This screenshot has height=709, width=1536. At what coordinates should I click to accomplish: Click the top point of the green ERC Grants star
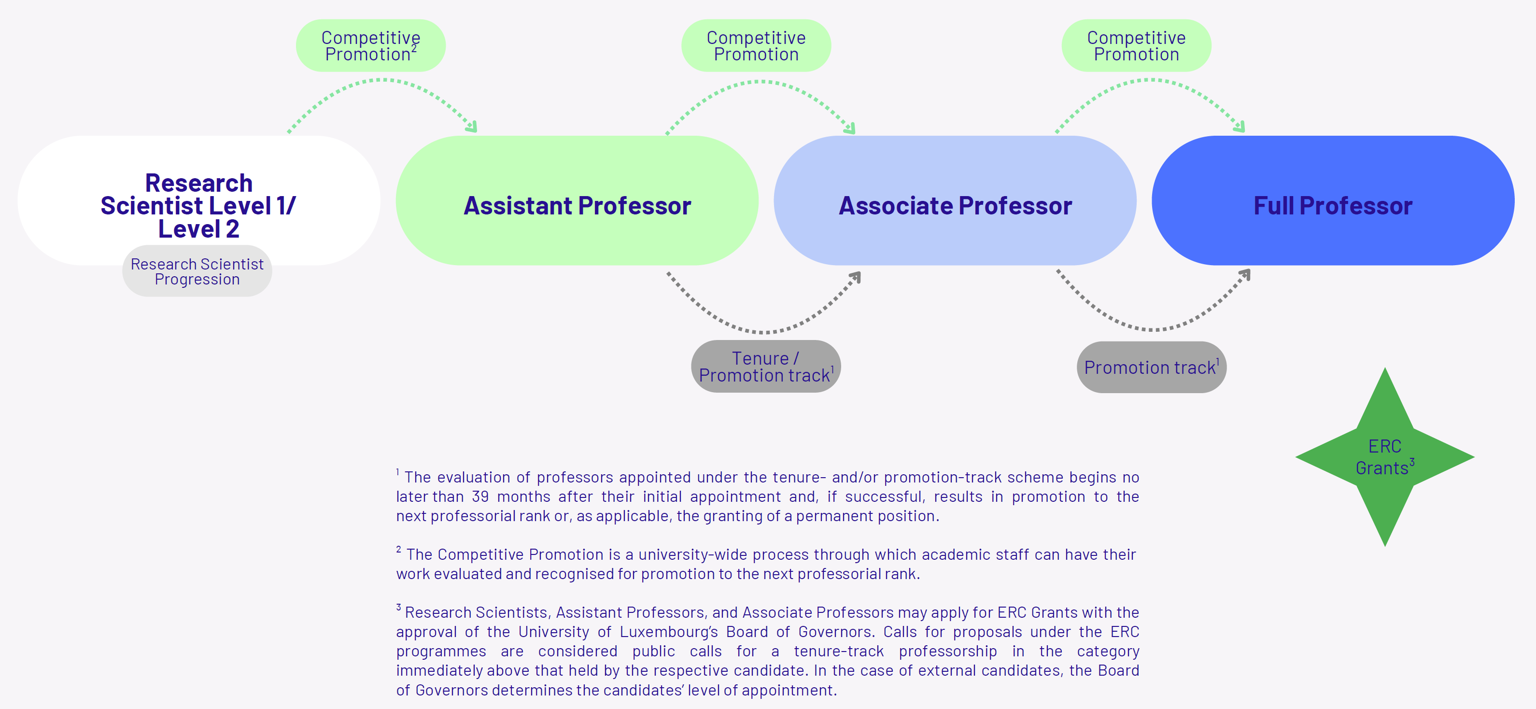1385,368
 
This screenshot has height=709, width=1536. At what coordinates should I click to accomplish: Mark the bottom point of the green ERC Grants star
1385,546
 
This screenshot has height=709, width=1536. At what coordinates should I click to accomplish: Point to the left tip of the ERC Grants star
1297,457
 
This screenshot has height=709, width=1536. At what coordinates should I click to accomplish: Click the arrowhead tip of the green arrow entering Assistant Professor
476,130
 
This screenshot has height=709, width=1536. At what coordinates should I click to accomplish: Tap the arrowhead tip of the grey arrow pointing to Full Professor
1249,270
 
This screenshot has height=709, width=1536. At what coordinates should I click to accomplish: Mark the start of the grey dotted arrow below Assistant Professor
668,273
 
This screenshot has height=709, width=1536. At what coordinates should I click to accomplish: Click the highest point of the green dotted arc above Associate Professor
759,82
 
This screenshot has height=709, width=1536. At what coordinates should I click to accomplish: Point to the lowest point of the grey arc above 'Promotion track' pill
1152,329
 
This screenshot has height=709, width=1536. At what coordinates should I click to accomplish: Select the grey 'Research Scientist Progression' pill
197,271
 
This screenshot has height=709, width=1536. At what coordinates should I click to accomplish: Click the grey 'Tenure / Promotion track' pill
766,366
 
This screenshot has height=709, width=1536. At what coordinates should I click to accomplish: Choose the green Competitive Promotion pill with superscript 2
371,45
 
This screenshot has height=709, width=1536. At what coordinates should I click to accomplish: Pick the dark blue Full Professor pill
1333,200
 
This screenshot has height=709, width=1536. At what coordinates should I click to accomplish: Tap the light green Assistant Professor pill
577,200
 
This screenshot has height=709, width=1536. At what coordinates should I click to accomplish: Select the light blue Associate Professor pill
955,200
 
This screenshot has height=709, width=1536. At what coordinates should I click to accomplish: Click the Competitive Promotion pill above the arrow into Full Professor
1137,45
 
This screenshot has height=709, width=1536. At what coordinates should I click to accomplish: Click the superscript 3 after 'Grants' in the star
1412,462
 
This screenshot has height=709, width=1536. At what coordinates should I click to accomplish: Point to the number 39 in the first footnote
480,496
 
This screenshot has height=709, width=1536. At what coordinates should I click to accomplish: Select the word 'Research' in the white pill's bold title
198,183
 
